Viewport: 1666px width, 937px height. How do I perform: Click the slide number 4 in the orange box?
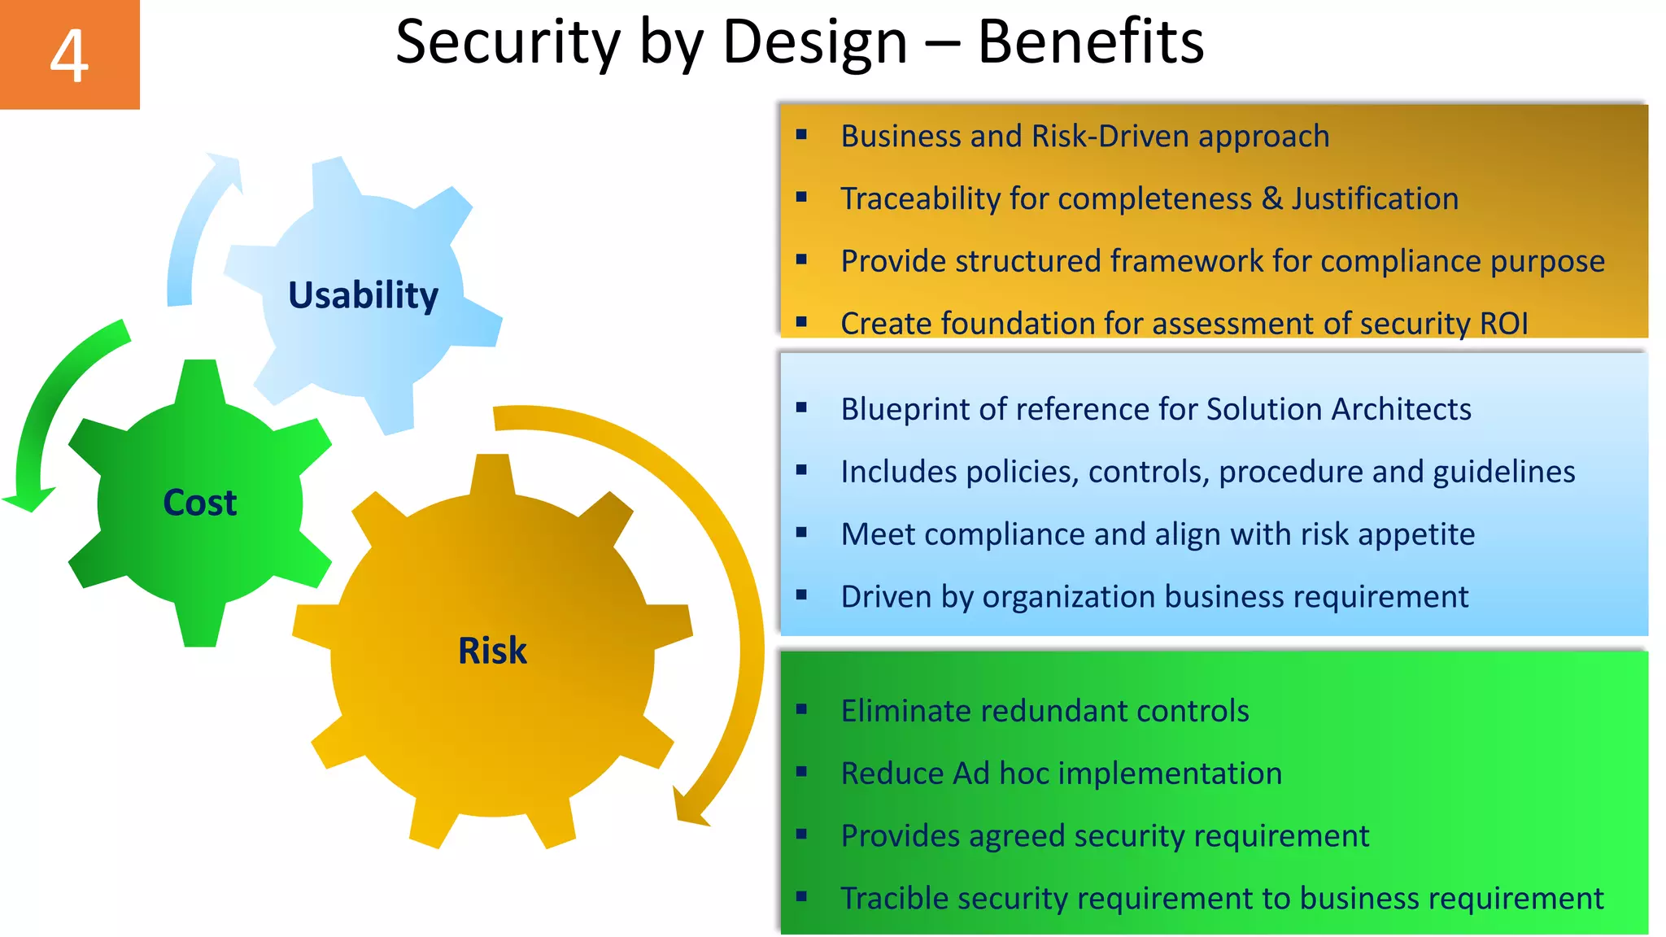pyautogui.click(x=69, y=55)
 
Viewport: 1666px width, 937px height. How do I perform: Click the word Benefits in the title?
pyautogui.click(x=1090, y=42)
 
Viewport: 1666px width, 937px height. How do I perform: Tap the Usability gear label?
pyautogui.click(x=363, y=295)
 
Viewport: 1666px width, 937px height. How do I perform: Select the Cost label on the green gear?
pyautogui.click(x=200, y=503)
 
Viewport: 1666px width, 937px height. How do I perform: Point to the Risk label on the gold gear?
pyautogui.click(x=492, y=651)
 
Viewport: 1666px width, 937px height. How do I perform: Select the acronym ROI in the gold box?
pyautogui.click(x=1504, y=324)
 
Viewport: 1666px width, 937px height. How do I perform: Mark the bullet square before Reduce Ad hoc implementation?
pyautogui.click(x=801, y=772)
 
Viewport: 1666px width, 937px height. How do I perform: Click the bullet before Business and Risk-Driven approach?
pyautogui.click(x=801, y=135)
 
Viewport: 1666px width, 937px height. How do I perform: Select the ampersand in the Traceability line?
pyautogui.click(x=1272, y=199)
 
